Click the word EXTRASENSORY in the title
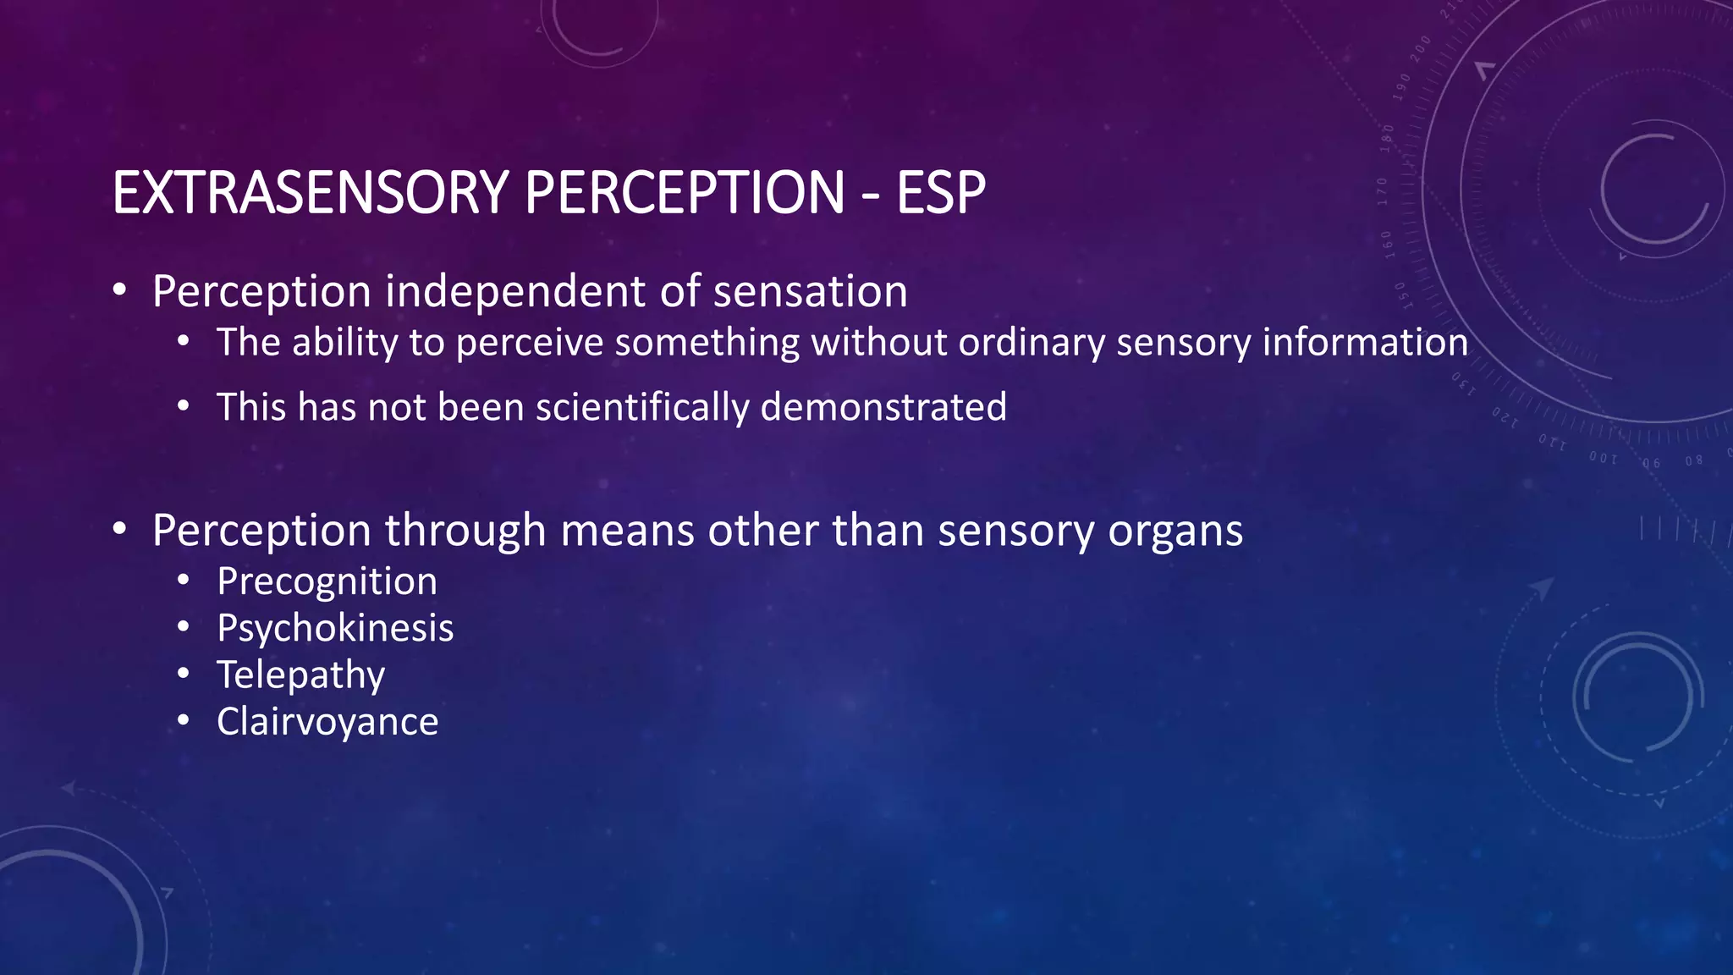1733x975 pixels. tap(310, 193)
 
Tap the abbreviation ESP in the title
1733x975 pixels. tap(940, 193)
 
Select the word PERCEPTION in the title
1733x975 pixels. tap(684, 193)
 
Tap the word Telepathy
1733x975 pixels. tap(300, 675)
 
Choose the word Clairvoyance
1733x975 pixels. tap(327, 722)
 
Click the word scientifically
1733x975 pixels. tap(642, 407)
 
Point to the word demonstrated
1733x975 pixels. tap(883, 407)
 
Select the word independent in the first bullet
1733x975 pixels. tap(515, 292)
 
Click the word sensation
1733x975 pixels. tap(810, 292)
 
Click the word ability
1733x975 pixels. tap(344, 343)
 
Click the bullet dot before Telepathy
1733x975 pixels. tap(184, 675)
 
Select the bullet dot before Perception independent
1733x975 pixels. tap(120, 291)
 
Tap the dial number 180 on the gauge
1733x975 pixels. tap(1386, 137)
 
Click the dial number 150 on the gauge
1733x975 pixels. tap(1401, 294)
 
